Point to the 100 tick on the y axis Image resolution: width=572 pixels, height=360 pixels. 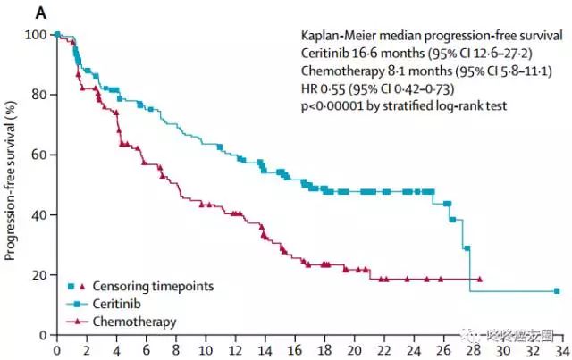(36, 34)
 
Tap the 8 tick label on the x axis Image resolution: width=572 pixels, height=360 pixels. (175, 350)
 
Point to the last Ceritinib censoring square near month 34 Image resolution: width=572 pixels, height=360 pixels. (557, 291)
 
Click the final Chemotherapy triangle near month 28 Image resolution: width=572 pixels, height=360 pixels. (481, 279)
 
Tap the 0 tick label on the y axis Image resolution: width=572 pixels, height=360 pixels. (42, 335)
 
